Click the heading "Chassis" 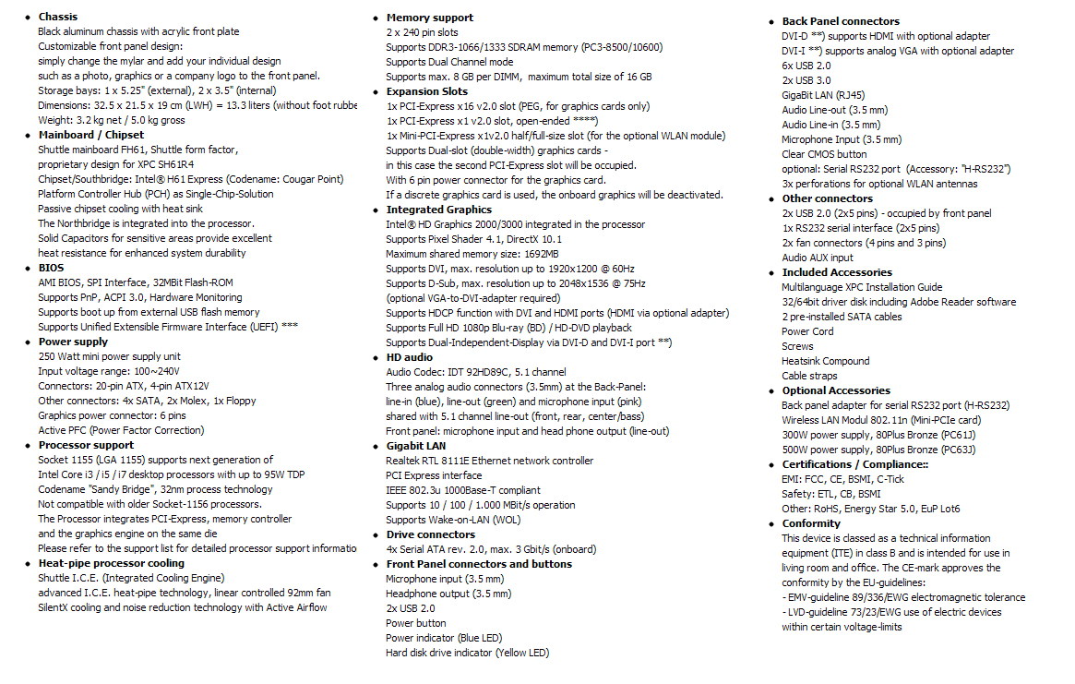57,17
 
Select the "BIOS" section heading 51,268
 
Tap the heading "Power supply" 73,342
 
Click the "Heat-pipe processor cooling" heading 111,563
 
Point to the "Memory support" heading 429,18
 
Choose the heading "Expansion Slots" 426,91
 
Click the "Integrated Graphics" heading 438,210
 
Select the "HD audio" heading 409,357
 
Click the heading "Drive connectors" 430,534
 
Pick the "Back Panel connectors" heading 840,21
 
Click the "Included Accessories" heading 837,272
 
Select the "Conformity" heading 811,523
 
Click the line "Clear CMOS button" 824,154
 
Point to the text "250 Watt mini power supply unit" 109,356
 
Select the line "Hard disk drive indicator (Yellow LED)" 467,653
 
